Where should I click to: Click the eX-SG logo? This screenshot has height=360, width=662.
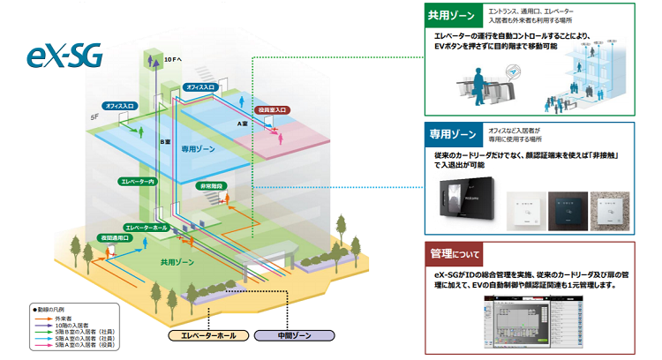pyautogui.click(x=63, y=56)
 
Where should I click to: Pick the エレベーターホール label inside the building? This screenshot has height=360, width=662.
pyautogui.click(x=149, y=228)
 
